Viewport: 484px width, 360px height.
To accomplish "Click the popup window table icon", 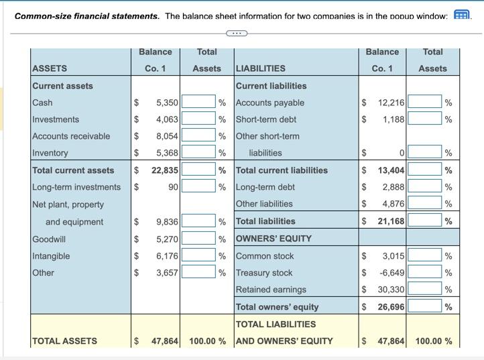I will (x=461, y=15).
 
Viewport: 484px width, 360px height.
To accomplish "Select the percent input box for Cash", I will (x=198, y=103).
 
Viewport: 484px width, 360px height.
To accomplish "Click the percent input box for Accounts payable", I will (x=424, y=103).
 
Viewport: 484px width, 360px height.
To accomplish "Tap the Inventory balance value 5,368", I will (x=167, y=153).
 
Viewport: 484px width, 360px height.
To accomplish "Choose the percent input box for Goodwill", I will (x=198, y=239).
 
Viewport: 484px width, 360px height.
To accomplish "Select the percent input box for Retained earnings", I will (x=424, y=290).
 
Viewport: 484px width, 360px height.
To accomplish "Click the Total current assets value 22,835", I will (x=165, y=170).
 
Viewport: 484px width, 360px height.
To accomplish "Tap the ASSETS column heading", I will (x=50, y=68).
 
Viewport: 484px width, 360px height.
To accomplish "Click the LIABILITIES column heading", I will (x=260, y=68).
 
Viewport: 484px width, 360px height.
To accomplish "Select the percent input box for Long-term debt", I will (x=424, y=187).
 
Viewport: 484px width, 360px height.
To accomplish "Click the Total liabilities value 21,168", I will (x=390, y=221).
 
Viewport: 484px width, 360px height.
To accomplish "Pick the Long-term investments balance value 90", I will (x=173, y=187).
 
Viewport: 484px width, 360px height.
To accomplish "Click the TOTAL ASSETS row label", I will (x=65, y=341).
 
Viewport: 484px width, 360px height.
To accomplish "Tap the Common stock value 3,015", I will (x=394, y=256).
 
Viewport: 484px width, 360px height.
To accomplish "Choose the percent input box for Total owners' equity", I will (x=424, y=307).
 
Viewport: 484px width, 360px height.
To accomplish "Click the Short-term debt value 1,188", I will (x=394, y=119).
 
